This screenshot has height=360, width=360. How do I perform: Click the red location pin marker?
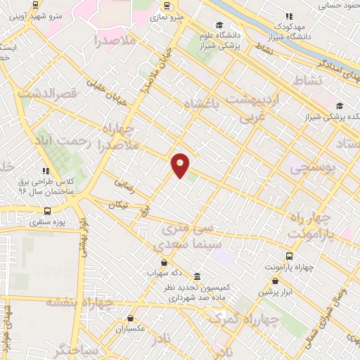(x=181, y=165)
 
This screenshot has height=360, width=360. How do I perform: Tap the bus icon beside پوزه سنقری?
(x=47, y=210)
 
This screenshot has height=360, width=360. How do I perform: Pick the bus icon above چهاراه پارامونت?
(x=289, y=256)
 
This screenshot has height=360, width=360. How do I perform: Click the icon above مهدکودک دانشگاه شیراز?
(x=288, y=16)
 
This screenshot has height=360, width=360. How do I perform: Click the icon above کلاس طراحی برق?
(x=46, y=171)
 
